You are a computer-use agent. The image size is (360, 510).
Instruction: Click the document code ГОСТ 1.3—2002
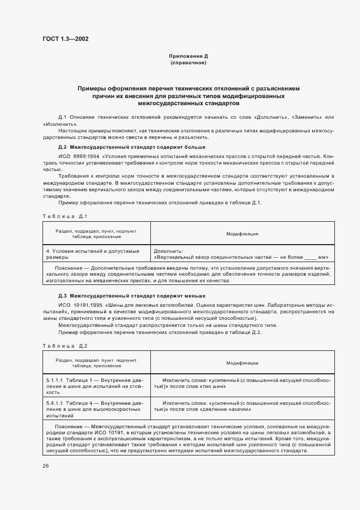click(x=66, y=39)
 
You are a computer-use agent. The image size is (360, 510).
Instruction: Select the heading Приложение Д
click(x=188, y=57)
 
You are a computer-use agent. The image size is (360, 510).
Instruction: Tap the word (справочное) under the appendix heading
click(x=188, y=63)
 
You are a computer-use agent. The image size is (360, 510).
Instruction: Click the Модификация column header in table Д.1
click(x=242, y=234)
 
